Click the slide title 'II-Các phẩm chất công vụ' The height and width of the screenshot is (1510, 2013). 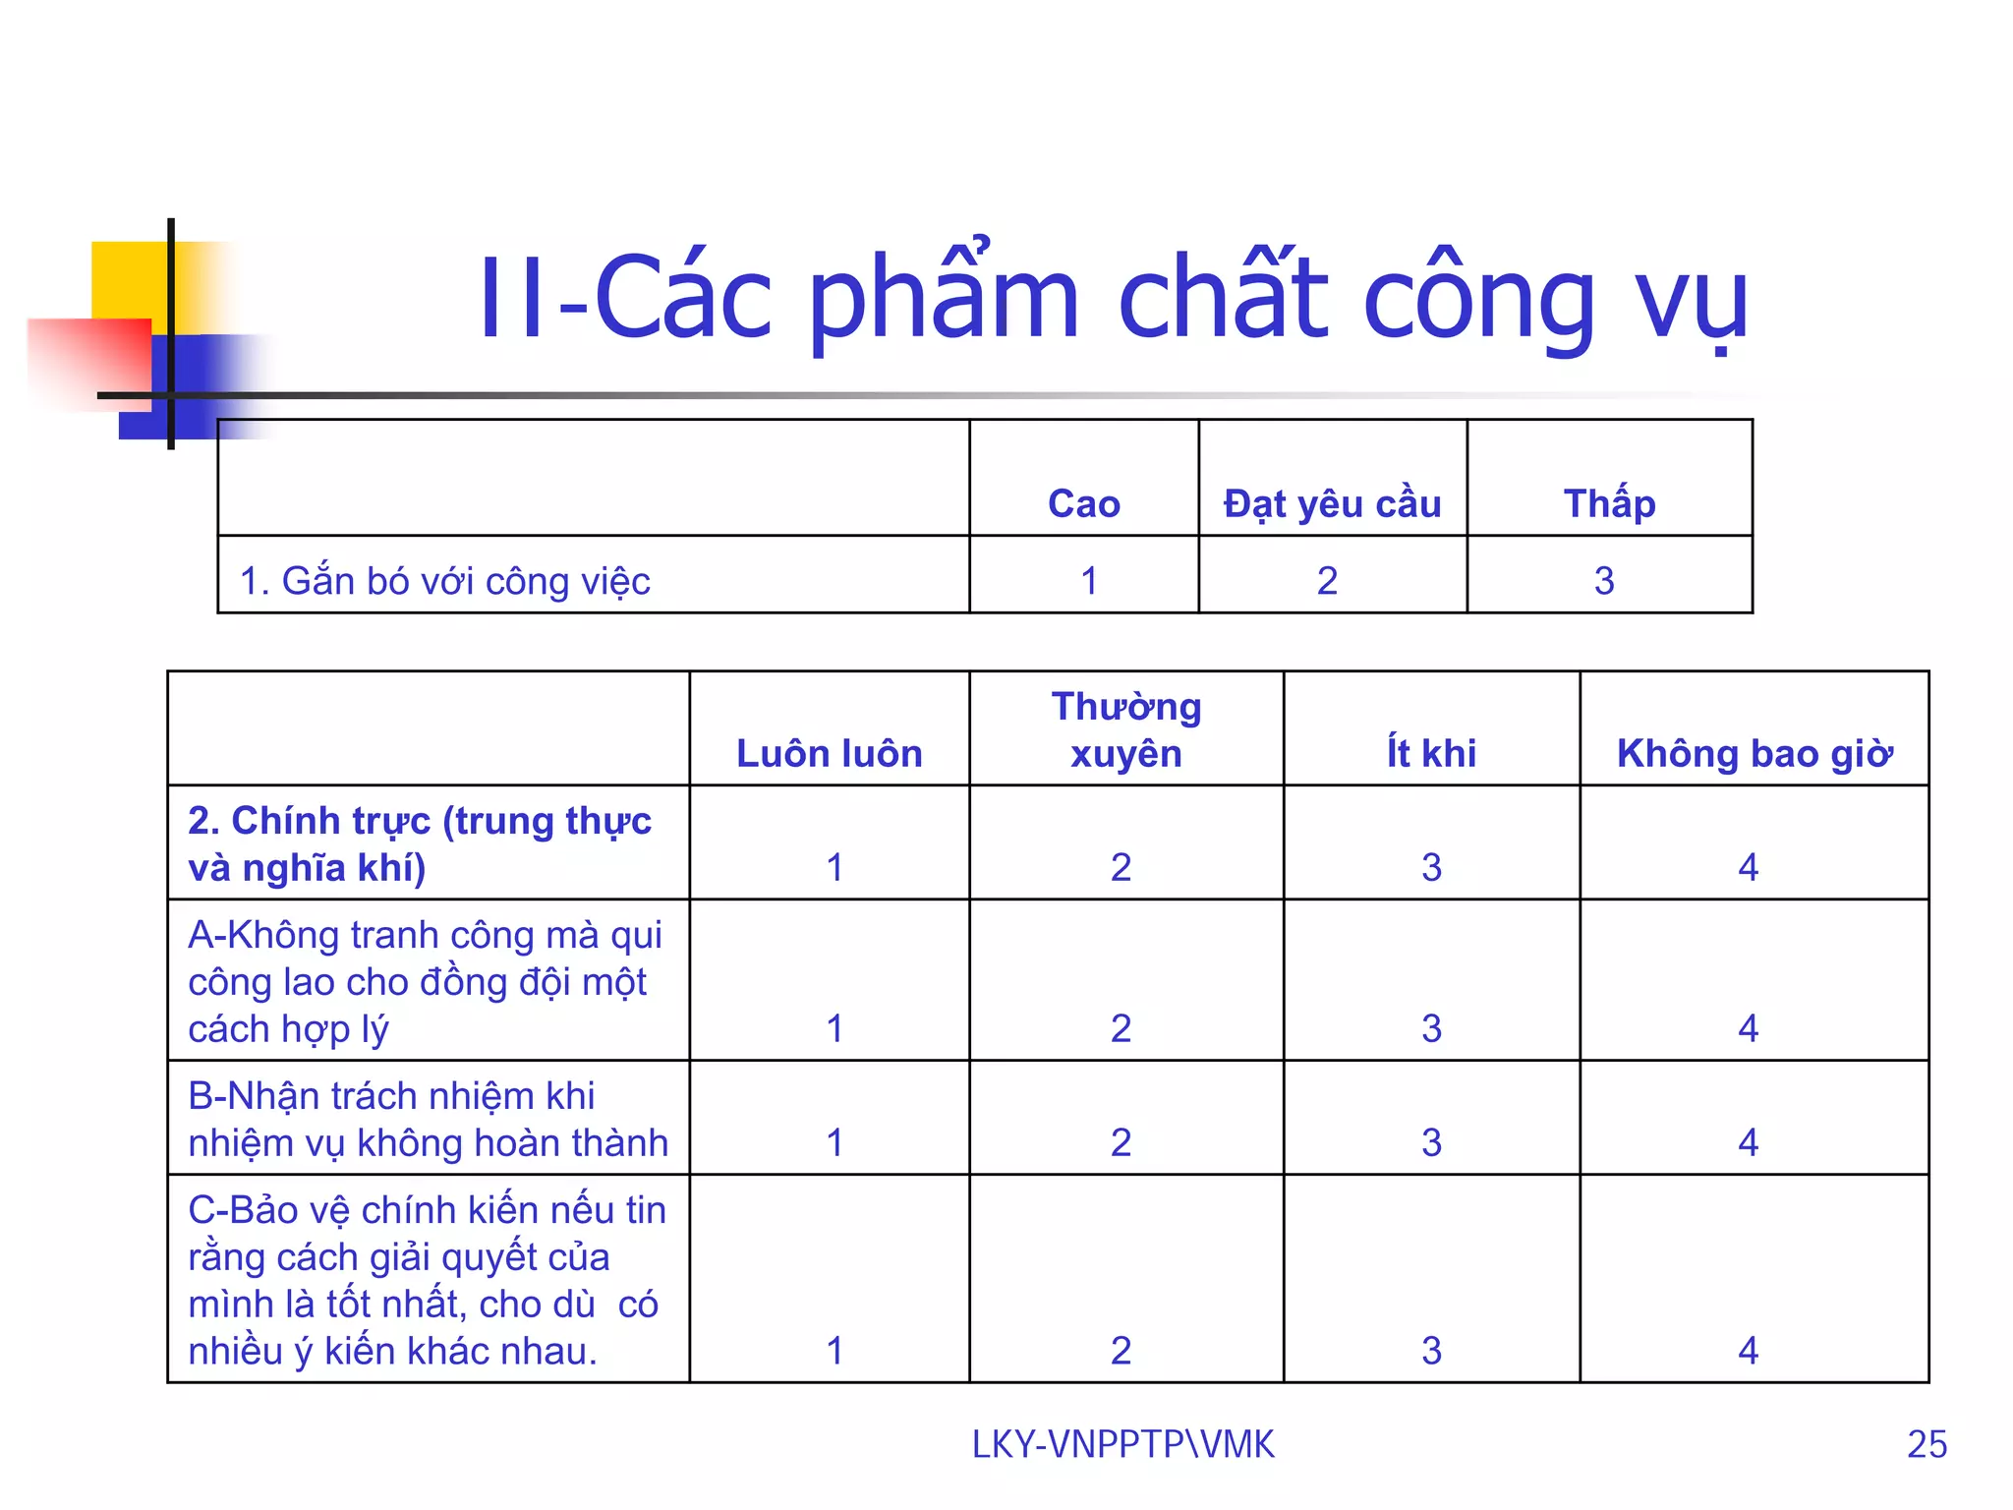[x=1113, y=298]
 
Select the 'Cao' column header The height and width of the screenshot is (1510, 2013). [x=1083, y=503]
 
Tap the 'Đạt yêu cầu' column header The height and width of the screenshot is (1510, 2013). [x=1332, y=503]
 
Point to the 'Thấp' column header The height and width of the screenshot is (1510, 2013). [x=1609, y=503]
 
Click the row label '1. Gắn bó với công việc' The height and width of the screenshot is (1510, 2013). [x=444, y=581]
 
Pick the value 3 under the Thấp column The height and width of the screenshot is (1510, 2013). [x=1604, y=581]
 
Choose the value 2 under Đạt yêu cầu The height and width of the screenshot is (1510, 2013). [x=1327, y=581]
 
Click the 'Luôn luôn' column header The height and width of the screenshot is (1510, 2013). [x=829, y=753]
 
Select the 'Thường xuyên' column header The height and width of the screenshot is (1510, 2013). [x=1125, y=729]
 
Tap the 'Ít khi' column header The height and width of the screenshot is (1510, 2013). [x=1431, y=753]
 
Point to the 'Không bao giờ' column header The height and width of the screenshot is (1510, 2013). [x=1754, y=753]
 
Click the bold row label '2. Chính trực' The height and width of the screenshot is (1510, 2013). [x=420, y=843]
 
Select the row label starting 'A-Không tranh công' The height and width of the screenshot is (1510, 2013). [x=425, y=981]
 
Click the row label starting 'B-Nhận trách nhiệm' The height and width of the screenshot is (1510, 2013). [x=428, y=1119]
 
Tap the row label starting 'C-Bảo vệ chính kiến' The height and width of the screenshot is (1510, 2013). [x=427, y=1280]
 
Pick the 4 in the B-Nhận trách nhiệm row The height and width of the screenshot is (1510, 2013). [x=1748, y=1142]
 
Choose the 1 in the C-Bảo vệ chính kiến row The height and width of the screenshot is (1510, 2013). [x=834, y=1351]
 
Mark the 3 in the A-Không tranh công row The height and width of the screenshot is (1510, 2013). [x=1431, y=1028]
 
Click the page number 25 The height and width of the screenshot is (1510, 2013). [x=1927, y=1444]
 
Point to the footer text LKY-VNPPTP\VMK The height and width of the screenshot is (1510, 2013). [x=1122, y=1444]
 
